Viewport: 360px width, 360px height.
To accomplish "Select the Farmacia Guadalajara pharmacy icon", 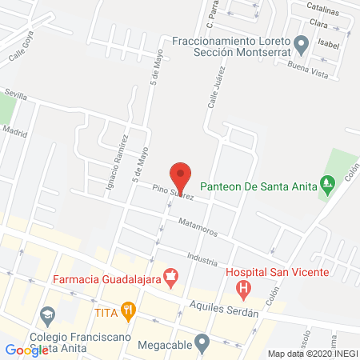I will coord(170,278).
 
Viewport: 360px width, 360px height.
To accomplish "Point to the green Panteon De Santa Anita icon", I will coord(327,184).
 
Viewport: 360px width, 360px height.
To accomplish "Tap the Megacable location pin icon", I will coord(202,344).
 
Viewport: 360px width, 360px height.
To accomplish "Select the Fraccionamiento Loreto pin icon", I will coord(301,43).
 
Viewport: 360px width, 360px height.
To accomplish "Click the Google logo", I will coord(26,350).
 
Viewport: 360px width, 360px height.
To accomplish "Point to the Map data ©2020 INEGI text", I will coord(312,353).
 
